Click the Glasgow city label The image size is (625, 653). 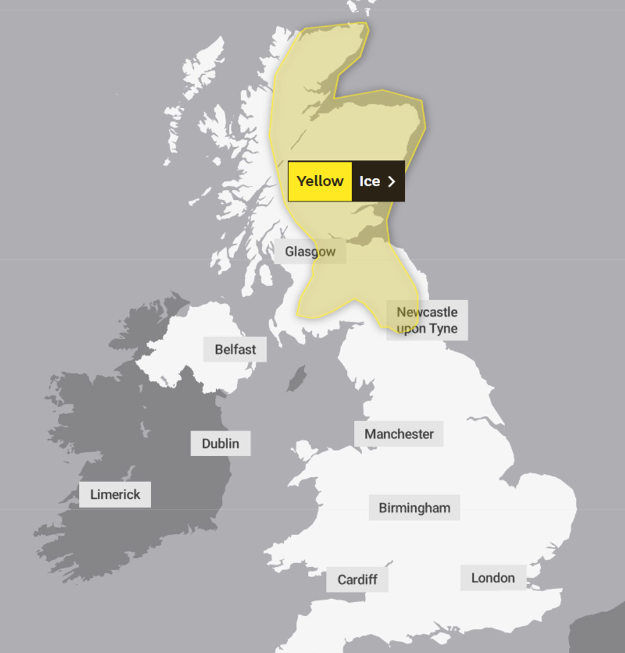310,252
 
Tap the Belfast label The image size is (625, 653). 235,349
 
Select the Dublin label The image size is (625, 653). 220,443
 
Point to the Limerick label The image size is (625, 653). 115,494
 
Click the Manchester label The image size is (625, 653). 399,434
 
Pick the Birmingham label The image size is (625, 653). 414,508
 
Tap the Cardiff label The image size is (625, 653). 357,580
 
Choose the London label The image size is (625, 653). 492,578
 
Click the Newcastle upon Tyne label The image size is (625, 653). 427,320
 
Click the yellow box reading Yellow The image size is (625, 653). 320,181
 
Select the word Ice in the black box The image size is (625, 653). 369,182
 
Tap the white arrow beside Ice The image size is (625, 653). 392,182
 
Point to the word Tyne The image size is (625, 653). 443,329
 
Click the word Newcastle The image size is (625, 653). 427,312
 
